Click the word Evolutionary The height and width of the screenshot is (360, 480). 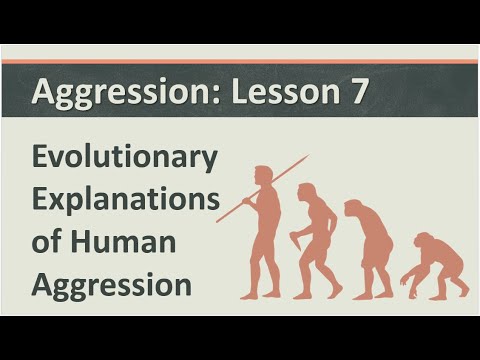coord(124,159)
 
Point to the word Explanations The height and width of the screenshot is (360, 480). coord(125,200)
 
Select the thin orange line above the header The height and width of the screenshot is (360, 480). coord(240,62)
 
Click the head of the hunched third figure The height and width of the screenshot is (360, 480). coord(354,210)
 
